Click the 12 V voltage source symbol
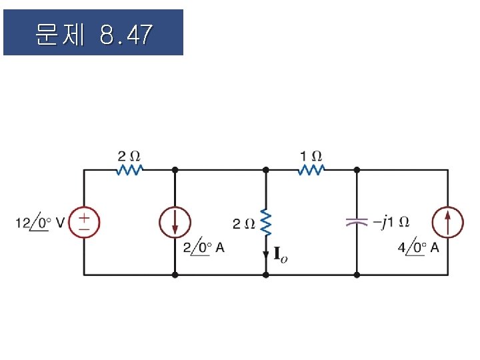point(84,223)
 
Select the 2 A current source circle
point(175,223)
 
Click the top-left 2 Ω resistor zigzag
point(129,170)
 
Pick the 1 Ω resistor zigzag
point(311,170)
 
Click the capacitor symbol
point(357,223)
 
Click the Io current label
point(280,254)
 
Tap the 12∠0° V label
point(40,223)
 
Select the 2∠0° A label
point(203,248)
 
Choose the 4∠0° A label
point(418,248)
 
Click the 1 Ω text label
point(311,156)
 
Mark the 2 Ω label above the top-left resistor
point(129,156)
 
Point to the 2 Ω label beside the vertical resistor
point(243,223)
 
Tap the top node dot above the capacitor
point(357,170)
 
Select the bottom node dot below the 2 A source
point(175,275)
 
